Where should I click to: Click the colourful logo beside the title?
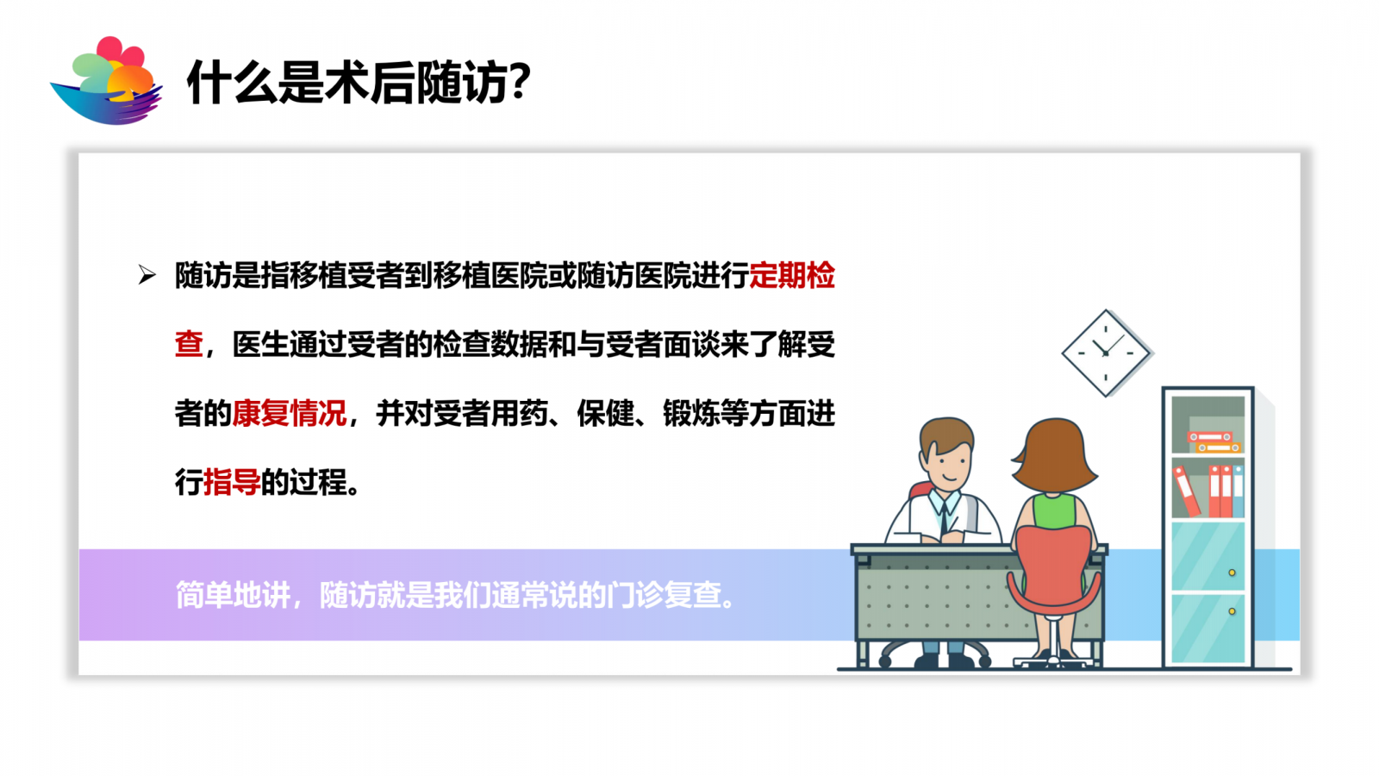[x=107, y=81]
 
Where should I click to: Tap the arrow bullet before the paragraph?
[x=147, y=275]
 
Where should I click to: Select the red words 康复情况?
[x=289, y=413]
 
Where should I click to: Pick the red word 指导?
[x=232, y=482]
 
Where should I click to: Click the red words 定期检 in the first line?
[x=792, y=275]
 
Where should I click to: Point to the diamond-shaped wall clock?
[x=1107, y=353]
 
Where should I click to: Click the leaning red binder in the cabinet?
[x=1186, y=491]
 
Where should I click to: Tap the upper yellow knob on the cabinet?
[x=1232, y=573]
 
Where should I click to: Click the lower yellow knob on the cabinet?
[x=1232, y=611]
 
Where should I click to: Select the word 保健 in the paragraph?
[x=605, y=413]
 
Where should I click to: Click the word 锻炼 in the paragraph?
[x=691, y=413]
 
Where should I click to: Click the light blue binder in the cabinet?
[x=1238, y=491]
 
